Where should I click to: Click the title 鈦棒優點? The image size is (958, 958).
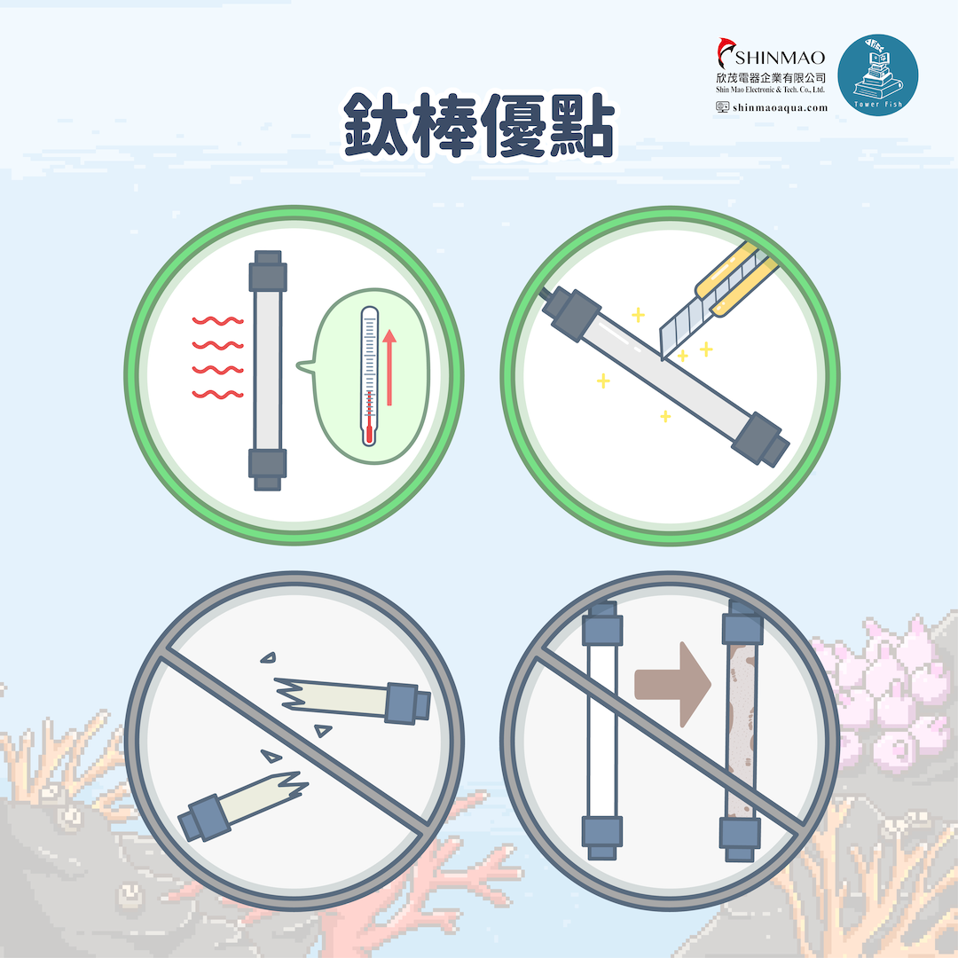(479, 125)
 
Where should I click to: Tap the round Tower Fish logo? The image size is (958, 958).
(877, 75)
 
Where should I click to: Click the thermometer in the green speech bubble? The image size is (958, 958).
(369, 376)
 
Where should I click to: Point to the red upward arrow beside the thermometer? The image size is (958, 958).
(389, 367)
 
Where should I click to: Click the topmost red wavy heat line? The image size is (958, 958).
(217, 321)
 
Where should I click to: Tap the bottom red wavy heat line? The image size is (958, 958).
(217, 394)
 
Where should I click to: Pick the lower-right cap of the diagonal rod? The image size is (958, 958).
(761, 439)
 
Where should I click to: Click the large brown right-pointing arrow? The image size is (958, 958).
(672, 684)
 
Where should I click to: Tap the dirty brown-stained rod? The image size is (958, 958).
(742, 729)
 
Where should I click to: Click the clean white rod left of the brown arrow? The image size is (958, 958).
(602, 729)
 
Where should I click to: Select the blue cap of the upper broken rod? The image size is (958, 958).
(407, 703)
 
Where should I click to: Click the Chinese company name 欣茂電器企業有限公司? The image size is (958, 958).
(771, 77)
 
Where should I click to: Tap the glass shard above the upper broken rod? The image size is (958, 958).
(268, 657)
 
